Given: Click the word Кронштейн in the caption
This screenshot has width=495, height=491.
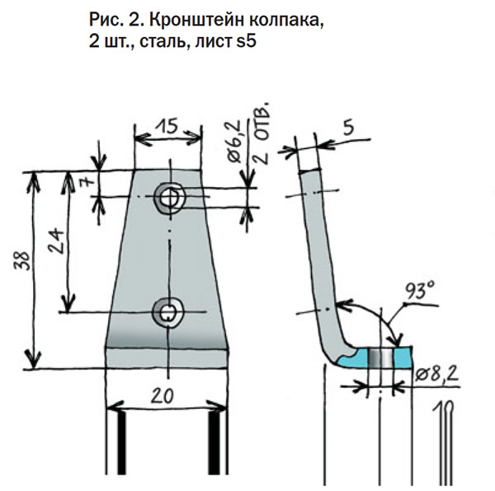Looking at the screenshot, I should (177, 20).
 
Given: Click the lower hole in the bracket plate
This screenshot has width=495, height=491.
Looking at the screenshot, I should (168, 311).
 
